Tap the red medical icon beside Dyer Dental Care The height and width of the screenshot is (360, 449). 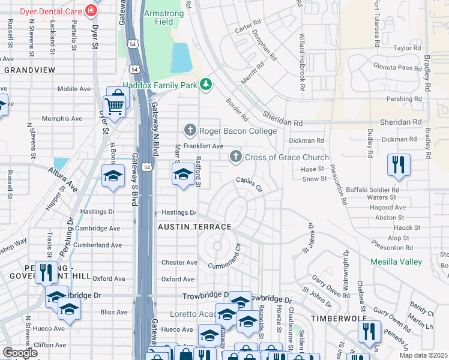point(91,11)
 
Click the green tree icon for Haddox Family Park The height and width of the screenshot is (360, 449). point(206,84)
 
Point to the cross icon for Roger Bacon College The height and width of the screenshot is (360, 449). point(190,130)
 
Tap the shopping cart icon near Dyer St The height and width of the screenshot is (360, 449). point(114,107)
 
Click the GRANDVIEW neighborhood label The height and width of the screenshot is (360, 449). point(29,70)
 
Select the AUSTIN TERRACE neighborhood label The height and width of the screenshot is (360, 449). point(194,227)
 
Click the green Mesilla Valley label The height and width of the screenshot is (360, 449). point(396,262)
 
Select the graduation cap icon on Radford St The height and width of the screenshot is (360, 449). point(184,175)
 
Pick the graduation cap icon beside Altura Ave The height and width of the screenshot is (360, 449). point(112,176)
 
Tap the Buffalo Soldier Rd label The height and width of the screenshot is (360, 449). point(373,190)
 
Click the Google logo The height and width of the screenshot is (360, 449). point(20,353)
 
